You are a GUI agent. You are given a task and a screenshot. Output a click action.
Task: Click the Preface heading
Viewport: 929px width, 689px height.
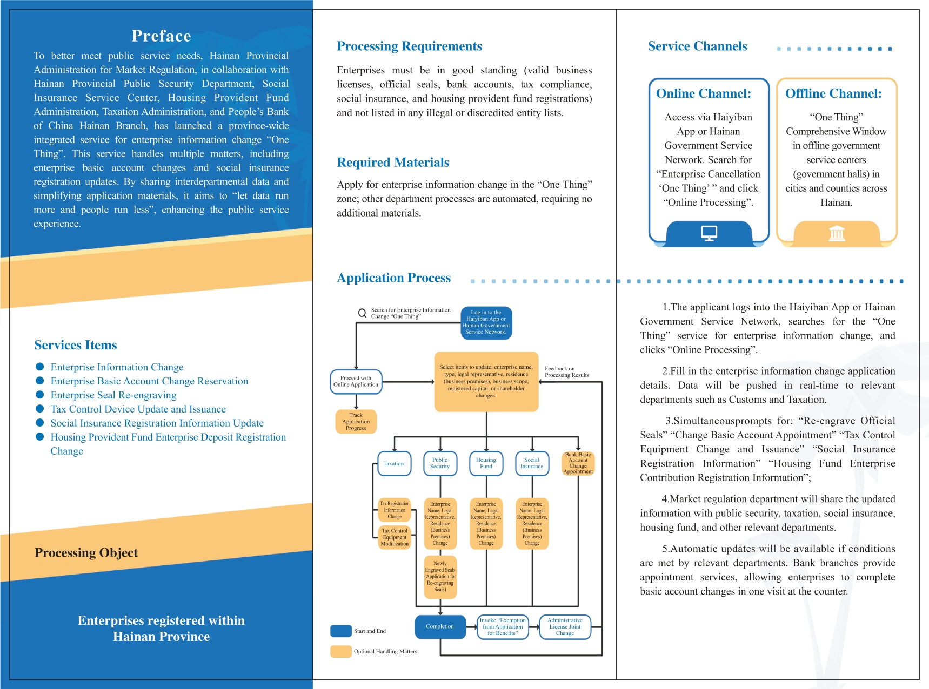coord(161,36)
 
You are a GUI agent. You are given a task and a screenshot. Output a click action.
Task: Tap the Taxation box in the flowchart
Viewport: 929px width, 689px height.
coord(394,464)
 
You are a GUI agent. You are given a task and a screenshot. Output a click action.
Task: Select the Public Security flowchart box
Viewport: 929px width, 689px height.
coord(440,464)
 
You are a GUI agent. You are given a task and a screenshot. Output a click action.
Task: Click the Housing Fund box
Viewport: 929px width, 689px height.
coord(486,464)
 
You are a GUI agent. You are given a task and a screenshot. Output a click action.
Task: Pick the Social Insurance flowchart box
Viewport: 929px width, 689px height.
coord(532,464)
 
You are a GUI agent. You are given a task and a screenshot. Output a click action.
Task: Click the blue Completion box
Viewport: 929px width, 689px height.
coord(440,627)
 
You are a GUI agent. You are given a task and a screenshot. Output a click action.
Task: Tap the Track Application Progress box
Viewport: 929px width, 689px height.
coord(356,422)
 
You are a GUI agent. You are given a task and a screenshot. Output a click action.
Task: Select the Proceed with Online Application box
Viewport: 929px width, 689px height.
coord(356,382)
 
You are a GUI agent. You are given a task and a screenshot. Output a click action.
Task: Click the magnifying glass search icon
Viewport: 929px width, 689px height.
coord(363,313)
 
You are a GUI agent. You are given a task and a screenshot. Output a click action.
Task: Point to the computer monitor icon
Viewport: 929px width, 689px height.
coord(709,233)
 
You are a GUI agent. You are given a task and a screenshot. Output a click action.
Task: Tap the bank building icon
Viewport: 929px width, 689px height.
coord(837,233)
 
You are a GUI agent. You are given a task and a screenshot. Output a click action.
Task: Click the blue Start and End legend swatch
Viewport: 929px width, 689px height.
coord(341,631)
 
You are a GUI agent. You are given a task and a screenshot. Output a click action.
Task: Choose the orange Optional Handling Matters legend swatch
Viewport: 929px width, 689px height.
coord(341,652)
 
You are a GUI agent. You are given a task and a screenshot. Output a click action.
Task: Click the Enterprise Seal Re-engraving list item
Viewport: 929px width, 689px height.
coord(113,395)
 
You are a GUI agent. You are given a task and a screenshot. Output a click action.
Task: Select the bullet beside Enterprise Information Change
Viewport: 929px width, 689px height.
coord(39,367)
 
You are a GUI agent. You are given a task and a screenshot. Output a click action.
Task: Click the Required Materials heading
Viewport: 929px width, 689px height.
coord(393,163)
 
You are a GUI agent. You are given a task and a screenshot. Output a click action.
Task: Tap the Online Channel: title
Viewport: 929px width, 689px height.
coord(704,93)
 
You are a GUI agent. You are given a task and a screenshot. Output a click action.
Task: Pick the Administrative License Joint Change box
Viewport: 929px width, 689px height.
coord(565,627)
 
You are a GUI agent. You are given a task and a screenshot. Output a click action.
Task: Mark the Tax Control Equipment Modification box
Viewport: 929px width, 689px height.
coord(395,537)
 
